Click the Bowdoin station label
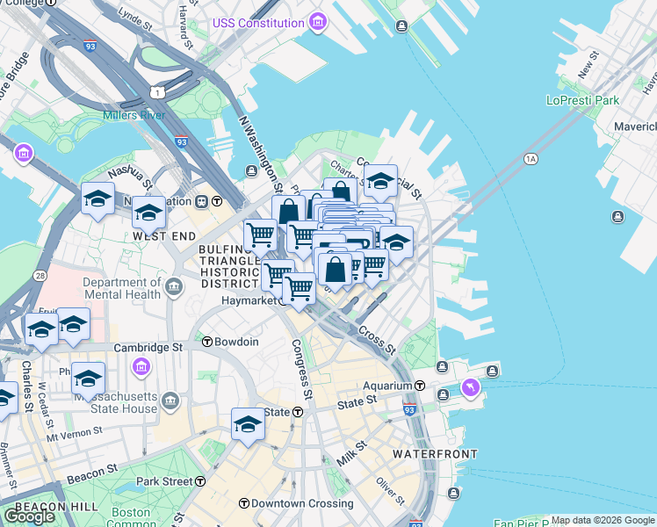coord(236,342)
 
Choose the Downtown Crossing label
coord(302,504)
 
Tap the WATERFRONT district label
coord(435,454)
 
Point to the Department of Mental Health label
coord(122,289)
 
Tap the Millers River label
coord(134,115)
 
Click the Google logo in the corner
coord(29,516)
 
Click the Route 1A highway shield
coord(530,159)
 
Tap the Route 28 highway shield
coord(40,277)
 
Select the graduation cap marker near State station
coord(248,424)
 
